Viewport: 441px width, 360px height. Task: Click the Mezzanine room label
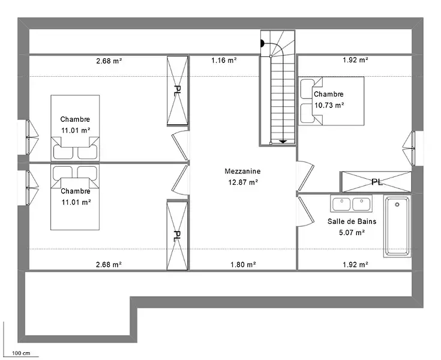pos(242,171)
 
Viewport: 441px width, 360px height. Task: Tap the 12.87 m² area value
pos(243,182)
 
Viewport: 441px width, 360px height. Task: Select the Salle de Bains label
pos(352,221)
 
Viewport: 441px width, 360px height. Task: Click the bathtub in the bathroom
pos(397,226)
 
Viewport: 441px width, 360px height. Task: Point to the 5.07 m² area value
pos(352,233)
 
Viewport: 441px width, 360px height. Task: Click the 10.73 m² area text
pos(329,105)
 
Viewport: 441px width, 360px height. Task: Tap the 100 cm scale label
pos(21,353)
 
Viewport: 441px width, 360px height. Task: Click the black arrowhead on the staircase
pos(283,142)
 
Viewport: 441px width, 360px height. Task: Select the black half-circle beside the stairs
pos(263,44)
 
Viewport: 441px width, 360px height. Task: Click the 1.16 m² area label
pos(224,60)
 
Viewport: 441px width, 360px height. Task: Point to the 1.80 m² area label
pos(243,265)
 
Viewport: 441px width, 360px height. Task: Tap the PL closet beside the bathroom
pos(376,182)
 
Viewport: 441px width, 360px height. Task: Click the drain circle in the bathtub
pos(397,205)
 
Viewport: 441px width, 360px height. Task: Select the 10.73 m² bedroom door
pos(306,176)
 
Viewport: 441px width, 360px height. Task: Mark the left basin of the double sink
pos(341,204)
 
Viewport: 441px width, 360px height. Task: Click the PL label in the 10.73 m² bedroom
pos(377,182)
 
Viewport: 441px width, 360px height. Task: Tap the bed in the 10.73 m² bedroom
pos(331,101)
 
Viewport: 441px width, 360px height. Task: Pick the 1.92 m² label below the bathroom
pos(355,265)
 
